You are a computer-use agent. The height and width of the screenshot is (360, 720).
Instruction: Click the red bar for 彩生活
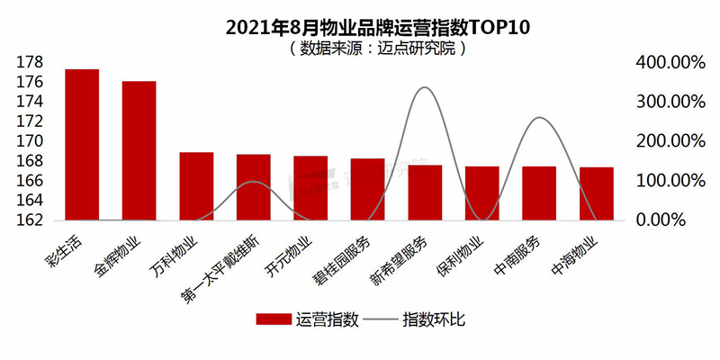click(x=82, y=144)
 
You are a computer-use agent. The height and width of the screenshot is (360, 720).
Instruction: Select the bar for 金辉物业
click(x=139, y=150)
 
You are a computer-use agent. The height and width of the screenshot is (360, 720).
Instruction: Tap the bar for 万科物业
click(x=196, y=186)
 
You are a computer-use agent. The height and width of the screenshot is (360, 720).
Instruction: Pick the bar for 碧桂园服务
click(x=367, y=189)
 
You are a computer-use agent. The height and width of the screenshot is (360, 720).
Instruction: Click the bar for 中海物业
click(x=596, y=193)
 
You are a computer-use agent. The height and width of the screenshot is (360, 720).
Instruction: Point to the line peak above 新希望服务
click(x=425, y=87)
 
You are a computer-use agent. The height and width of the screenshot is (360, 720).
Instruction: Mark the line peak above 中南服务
click(x=538, y=118)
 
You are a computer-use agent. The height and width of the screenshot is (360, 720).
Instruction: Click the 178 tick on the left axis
click(x=30, y=62)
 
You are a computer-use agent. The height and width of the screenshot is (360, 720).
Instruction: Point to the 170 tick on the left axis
click(x=30, y=141)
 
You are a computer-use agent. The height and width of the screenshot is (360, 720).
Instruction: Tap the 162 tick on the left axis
click(x=30, y=220)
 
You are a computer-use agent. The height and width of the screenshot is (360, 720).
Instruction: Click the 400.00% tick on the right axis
click(x=668, y=62)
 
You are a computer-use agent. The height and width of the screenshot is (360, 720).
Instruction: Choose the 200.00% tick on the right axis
click(x=668, y=141)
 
